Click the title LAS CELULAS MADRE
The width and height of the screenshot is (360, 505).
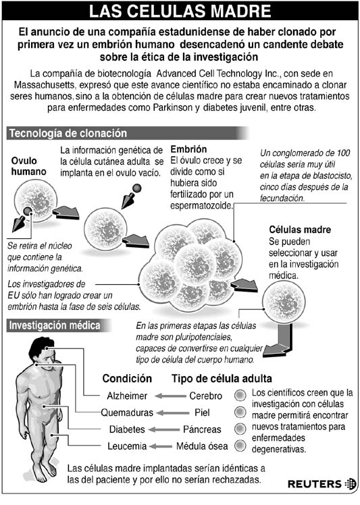tap(180, 11)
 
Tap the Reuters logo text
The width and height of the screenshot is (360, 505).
tap(315, 484)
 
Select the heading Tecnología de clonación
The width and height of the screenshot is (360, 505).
tap(68, 133)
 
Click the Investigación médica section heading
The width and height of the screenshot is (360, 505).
tap(55, 325)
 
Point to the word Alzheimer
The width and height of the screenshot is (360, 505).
tap(127, 396)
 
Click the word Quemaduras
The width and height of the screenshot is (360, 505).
tap(127, 413)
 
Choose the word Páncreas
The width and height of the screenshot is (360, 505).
tap(202, 429)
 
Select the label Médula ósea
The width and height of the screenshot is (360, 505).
tap(202, 446)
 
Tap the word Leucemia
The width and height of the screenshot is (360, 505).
tap(127, 446)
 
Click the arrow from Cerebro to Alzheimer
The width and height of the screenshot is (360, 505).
tap(170, 396)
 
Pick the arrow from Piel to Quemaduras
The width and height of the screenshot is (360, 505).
tap(173, 413)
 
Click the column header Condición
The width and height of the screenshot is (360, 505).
tap(127, 379)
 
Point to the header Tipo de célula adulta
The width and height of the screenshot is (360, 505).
tap(222, 379)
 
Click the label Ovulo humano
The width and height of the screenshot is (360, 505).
tap(28, 166)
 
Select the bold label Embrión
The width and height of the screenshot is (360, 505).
tap(188, 149)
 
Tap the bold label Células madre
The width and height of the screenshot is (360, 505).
tap(300, 230)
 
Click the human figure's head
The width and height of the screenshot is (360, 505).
tap(41, 351)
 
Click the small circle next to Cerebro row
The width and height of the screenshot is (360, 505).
tap(240, 396)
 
